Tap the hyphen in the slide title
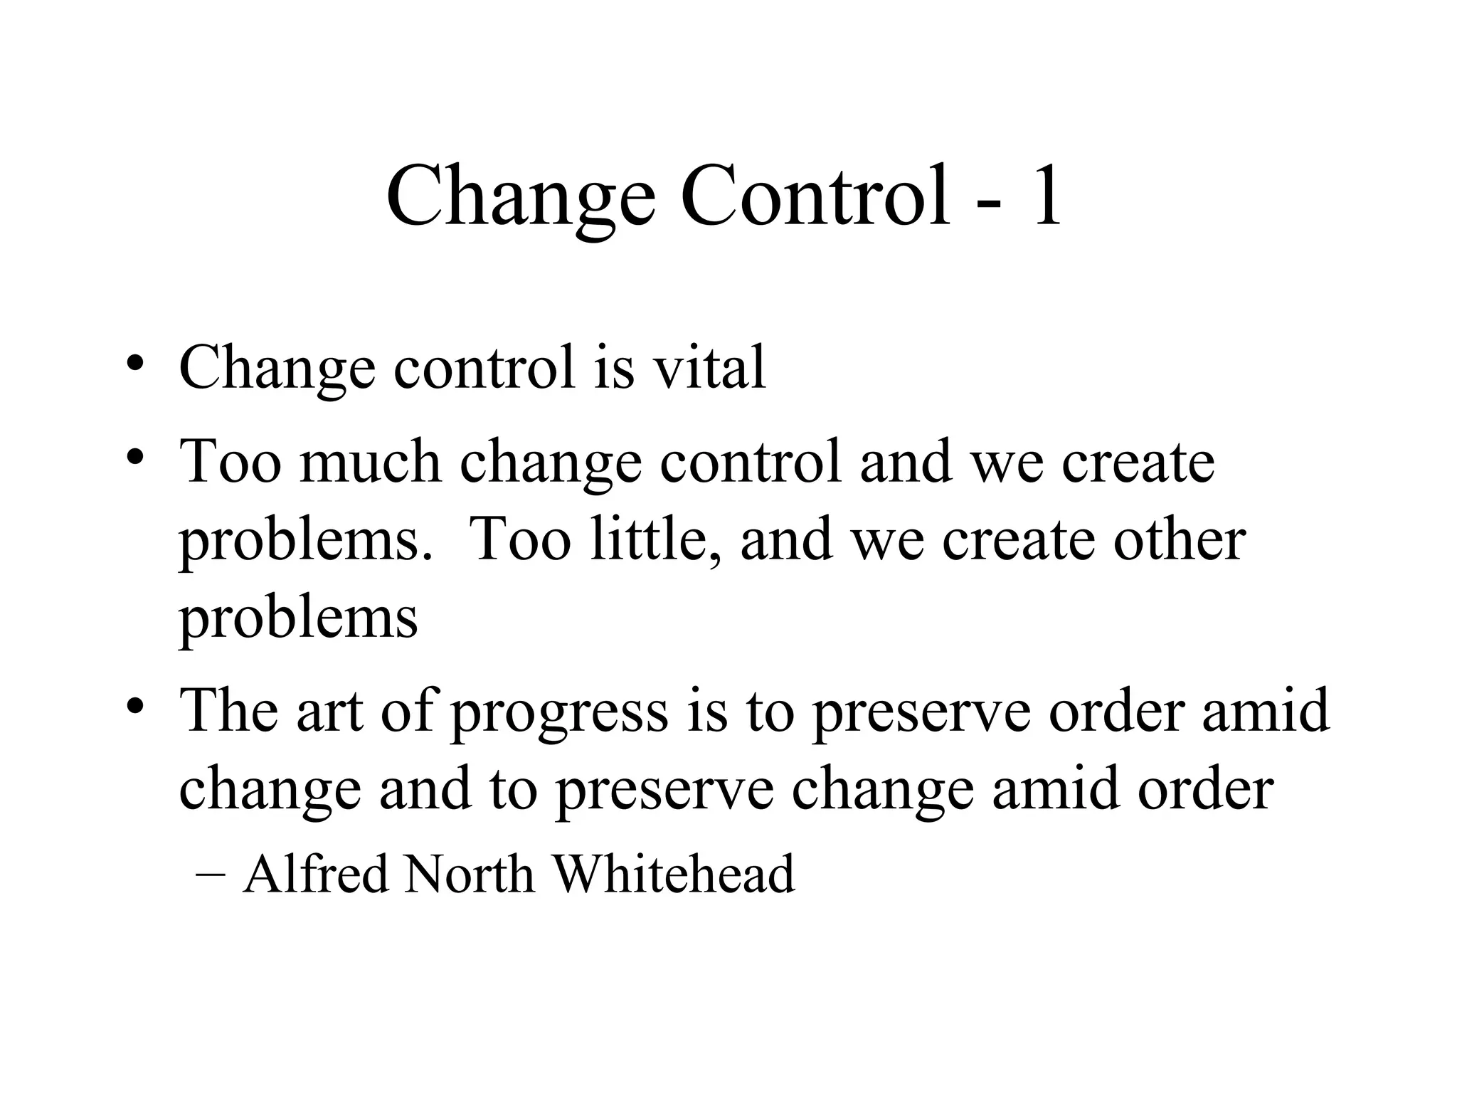point(987,203)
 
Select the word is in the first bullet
point(613,367)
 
